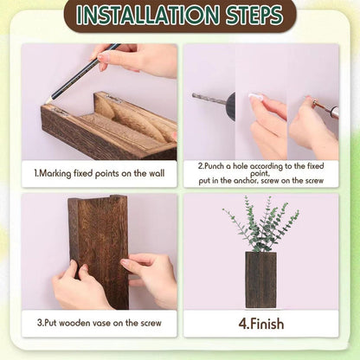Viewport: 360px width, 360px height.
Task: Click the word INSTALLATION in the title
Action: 147,15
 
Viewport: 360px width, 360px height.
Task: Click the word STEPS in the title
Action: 254,15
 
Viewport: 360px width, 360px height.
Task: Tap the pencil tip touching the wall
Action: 48,101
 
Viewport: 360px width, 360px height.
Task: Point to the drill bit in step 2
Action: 209,99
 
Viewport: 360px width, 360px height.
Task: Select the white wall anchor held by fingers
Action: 256,97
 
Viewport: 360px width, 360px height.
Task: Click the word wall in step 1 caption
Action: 157,173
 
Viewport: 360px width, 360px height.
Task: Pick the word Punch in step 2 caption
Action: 215,166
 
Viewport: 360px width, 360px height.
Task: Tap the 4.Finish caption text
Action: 261,324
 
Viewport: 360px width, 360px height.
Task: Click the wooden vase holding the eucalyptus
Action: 260,280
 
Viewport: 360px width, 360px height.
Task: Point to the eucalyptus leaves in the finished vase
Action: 260,224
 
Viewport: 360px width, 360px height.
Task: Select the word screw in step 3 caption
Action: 151,323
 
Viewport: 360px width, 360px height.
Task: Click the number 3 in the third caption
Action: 39,323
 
